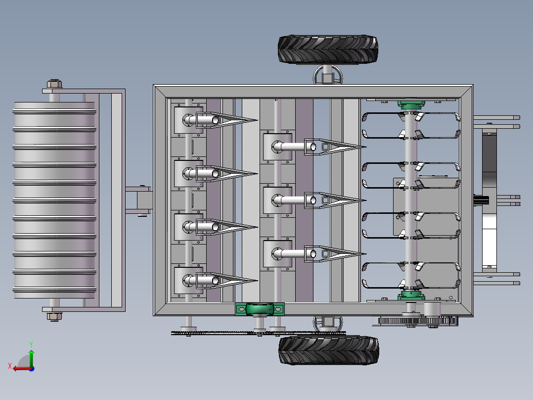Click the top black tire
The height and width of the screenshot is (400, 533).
(328, 50)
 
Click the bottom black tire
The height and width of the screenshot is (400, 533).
(328, 350)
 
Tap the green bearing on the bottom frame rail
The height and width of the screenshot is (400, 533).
(260, 309)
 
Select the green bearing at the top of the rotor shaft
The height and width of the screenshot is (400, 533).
(411, 104)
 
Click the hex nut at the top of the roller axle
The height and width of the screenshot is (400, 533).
(54, 84)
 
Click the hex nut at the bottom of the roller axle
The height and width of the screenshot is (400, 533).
(54, 317)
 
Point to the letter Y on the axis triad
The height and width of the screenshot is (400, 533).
(31, 344)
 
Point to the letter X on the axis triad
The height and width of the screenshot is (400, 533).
(10, 366)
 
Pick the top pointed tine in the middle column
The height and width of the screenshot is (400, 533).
(335, 147)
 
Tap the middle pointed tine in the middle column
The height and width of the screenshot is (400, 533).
(335, 200)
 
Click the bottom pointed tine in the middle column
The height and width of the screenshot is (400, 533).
(335, 254)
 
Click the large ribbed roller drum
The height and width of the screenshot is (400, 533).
(54, 200)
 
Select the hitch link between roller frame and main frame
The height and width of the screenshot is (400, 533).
(138, 200)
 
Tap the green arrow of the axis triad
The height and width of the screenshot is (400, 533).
(31, 358)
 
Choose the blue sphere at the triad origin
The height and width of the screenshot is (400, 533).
(32, 369)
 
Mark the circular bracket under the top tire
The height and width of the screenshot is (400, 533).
(328, 75)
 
